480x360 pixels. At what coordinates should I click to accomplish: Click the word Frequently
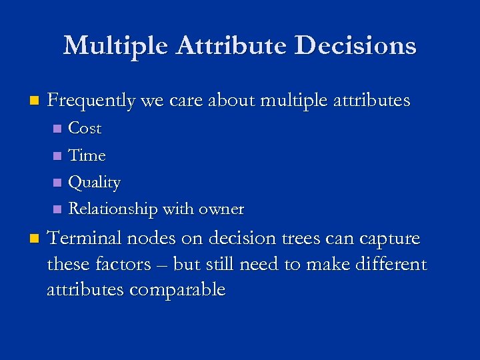coord(91,101)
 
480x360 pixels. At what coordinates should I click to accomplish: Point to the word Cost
coord(85,128)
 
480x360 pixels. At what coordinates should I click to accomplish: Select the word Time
coord(87,155)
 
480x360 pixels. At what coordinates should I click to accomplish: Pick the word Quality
coord(95,183)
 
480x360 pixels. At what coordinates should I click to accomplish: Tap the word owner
coord(221,209)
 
